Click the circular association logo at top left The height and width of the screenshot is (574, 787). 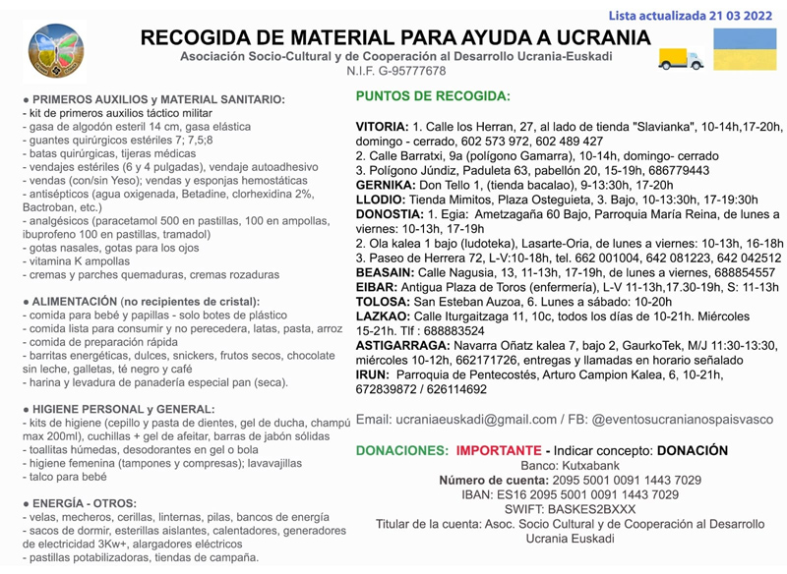(x=56, y=51)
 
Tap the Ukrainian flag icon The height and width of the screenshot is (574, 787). (x=744, y=49)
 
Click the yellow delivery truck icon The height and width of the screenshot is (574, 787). (x=681, y=59)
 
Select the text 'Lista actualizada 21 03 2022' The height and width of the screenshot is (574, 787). (x=691, y=15)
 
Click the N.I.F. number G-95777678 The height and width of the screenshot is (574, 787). (x=410, y=72)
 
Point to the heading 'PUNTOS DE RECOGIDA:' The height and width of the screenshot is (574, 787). (x=433, y=97)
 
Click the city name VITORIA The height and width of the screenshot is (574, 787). (x=382, y=128)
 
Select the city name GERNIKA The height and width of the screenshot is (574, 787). (x=384, y=185)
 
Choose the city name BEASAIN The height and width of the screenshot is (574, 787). (x=385, y=272)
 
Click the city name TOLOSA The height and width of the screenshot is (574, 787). (x=381, y=302)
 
